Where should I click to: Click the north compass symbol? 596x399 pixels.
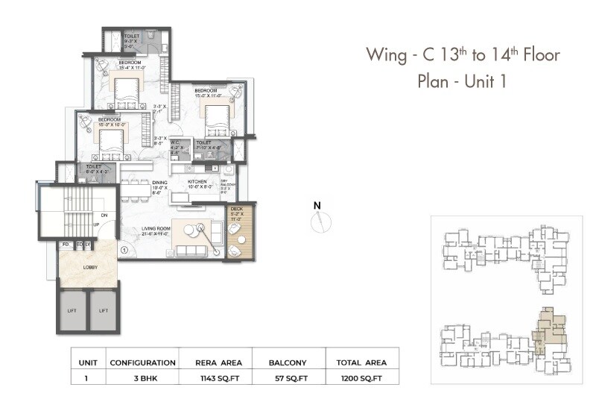[x=320, y=217]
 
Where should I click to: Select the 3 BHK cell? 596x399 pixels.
[x=142, y=377]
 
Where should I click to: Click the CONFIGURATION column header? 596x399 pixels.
[x=142, y=362]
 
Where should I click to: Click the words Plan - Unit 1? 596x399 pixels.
[x=462, y=81]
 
